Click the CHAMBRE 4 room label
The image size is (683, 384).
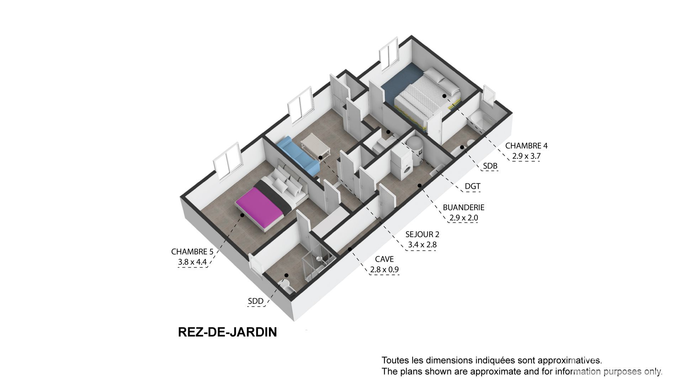pyautogui.click(x=526, y=146)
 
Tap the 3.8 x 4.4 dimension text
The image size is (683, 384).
pyautogui.click(x=192, y=262)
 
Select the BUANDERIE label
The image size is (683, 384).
pyautogui.click(x=464, y=207)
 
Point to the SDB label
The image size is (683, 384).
pyautogui.click(x=490, y=166)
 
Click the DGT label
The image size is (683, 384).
pyautogui.click(x=472, y=186)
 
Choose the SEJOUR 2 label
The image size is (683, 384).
pyautogui.click(x=422, y=234)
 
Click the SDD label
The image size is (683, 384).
pyautogui.click(x=256, y=302)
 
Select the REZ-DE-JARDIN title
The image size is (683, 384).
pyautogui.click(x=227, y=332)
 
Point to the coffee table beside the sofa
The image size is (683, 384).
pyautogui.click(x=316, y=146)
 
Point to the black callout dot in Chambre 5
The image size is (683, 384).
pyautogui.click(x=242, y=215)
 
